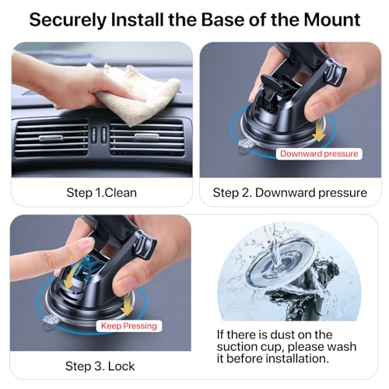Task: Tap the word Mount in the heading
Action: (x=327, y=19)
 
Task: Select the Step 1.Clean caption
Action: (x=100, y=192)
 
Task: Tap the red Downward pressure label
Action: (x=319, y=154)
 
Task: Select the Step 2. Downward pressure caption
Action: (x=289, y=192)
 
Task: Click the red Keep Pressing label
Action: (x=128, y=325)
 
